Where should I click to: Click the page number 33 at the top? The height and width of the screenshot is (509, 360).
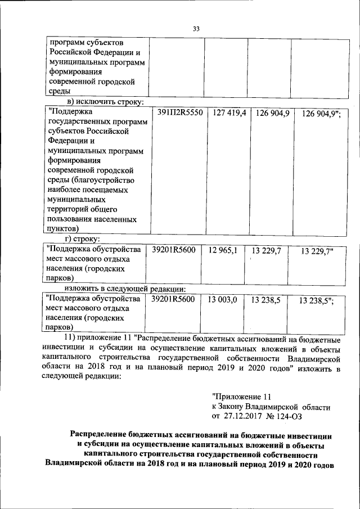(196, 29)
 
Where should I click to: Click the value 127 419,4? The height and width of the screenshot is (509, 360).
(229, 112)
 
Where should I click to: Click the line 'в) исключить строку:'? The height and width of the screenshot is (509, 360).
(106, 102)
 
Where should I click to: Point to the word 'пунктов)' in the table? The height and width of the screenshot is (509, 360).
(63, 228)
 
